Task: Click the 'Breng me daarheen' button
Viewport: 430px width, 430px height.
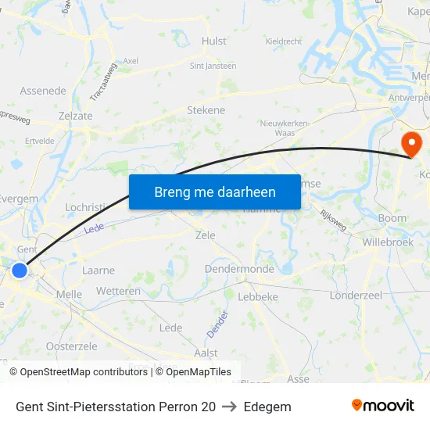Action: [x=214, y=192]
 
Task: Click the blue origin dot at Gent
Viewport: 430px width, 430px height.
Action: [x=20, y=271]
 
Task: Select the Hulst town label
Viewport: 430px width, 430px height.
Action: [x=213, y=41]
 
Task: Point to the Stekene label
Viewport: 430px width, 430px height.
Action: [x=206, y=110]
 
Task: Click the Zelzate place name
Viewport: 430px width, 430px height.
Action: [x=75, y=115]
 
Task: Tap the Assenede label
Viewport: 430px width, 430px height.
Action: [x=43, y=91]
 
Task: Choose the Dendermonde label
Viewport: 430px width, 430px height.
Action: [x=239, y=269]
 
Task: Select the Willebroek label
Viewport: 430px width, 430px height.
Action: [x=388, y=242]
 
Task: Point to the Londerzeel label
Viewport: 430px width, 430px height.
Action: [x=355, y=296]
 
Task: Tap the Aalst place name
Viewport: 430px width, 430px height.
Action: [x=206, y=353]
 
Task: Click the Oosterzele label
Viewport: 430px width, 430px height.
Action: [x=71, y=346]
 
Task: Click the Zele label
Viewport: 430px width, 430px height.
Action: [x=205, y=235]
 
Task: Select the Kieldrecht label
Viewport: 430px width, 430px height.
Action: [x=284, y=41]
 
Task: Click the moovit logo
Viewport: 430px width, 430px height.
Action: [x=382, y=406]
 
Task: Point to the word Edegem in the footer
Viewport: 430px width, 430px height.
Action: [x=267, y=407]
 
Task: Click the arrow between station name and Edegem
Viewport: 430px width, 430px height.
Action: [x=230, y=407]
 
